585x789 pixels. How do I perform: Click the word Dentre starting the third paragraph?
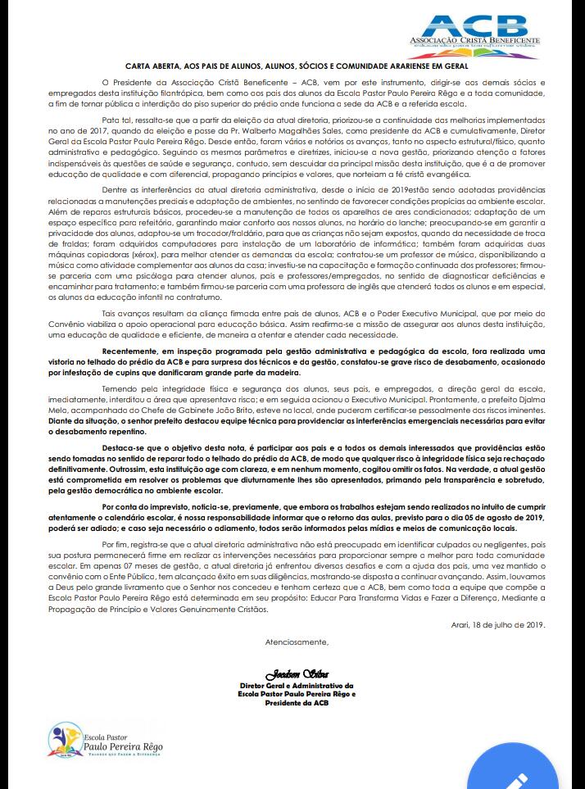[115, 189]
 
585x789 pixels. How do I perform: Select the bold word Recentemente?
[138, 350]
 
